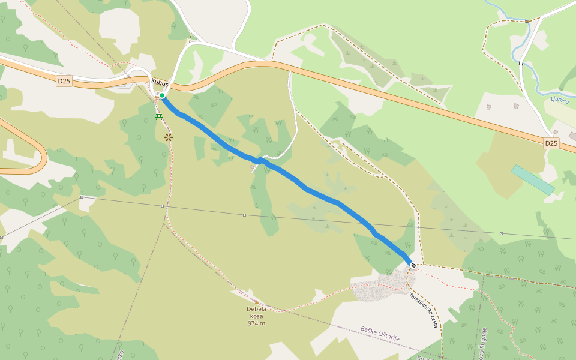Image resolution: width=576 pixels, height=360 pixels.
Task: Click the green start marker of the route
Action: point(162,95)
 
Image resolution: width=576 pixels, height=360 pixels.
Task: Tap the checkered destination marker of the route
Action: point(413,265)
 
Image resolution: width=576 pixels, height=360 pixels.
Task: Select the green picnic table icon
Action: point(159,116)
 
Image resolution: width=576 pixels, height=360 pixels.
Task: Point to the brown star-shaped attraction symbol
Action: point(169,137)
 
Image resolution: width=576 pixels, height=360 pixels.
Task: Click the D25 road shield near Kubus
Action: point(64,80)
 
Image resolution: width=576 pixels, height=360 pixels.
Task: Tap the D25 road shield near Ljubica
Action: point(551,143)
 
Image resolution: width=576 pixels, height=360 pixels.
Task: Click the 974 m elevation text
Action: point(256,323)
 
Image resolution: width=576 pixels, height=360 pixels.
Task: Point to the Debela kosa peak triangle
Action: point(257,302)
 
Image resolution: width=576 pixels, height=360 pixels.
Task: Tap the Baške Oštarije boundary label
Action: point(380,334)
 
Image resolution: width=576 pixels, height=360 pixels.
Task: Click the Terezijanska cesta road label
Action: point(424,310)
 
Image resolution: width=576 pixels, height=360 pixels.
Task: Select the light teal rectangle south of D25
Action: point(532,179)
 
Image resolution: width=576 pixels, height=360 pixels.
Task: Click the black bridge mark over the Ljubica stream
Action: point(521,62)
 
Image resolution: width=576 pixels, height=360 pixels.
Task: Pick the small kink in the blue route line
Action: point(259,160)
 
